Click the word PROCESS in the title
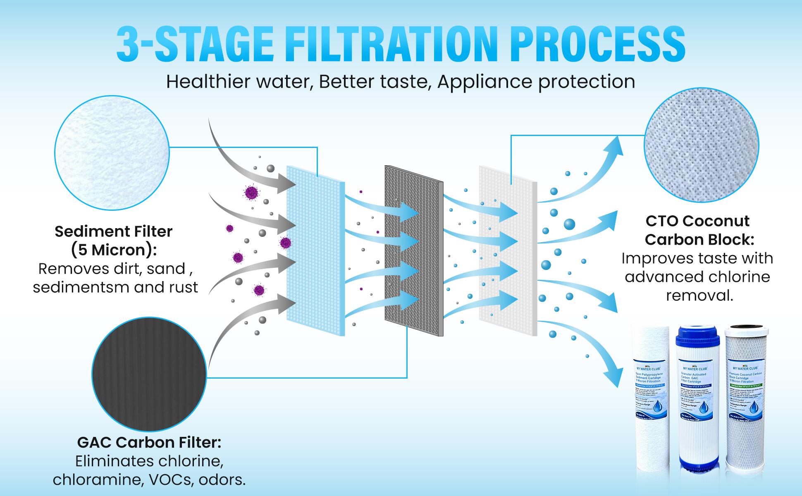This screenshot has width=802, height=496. coord(597,44)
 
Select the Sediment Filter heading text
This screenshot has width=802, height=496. coord(113,231)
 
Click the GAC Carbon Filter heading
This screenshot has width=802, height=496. coord(149,442)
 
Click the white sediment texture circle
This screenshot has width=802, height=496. coord(112,153)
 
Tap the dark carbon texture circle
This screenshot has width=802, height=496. coord(149,374)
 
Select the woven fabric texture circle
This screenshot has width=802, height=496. coord(702,145)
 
